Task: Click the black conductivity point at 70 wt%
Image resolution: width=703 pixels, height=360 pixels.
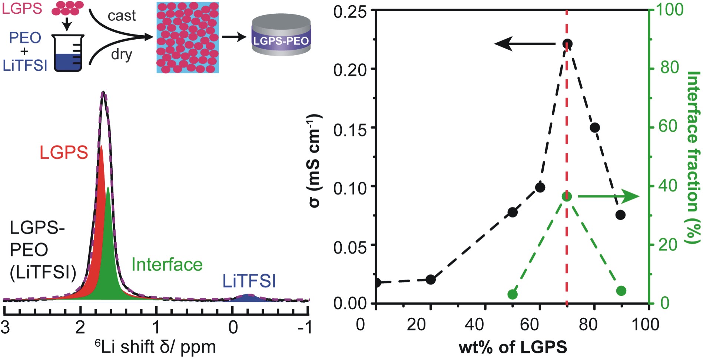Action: [x=567, y=44]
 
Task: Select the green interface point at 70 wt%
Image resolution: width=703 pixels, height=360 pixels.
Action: [x=567, y=196]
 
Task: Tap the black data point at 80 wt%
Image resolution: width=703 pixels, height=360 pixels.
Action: [x=595, y=128]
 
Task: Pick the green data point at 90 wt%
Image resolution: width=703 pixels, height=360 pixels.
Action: [x=621, y=291]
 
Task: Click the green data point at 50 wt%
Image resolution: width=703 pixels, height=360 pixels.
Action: [x=512, y=294]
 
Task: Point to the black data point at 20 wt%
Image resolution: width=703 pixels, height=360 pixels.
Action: [x=430, y=280]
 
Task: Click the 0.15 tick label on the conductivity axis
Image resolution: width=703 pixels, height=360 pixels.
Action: [x=350, y=128]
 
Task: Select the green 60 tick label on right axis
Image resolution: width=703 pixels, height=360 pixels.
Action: [x=668, y=126]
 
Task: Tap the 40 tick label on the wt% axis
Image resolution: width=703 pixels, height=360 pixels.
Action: [x=474, y=325]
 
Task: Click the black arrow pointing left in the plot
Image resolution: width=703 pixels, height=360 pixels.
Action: [x=524, y=44]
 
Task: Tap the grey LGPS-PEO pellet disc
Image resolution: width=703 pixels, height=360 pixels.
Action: [x=281, y=36]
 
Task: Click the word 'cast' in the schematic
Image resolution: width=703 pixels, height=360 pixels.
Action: [x=122, y=16]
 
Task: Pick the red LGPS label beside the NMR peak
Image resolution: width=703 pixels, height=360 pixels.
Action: [x=64, y=152]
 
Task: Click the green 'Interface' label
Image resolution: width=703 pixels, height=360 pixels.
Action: [x=167, y=265]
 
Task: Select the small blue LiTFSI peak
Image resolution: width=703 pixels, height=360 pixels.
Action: [x=247, y=297]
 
